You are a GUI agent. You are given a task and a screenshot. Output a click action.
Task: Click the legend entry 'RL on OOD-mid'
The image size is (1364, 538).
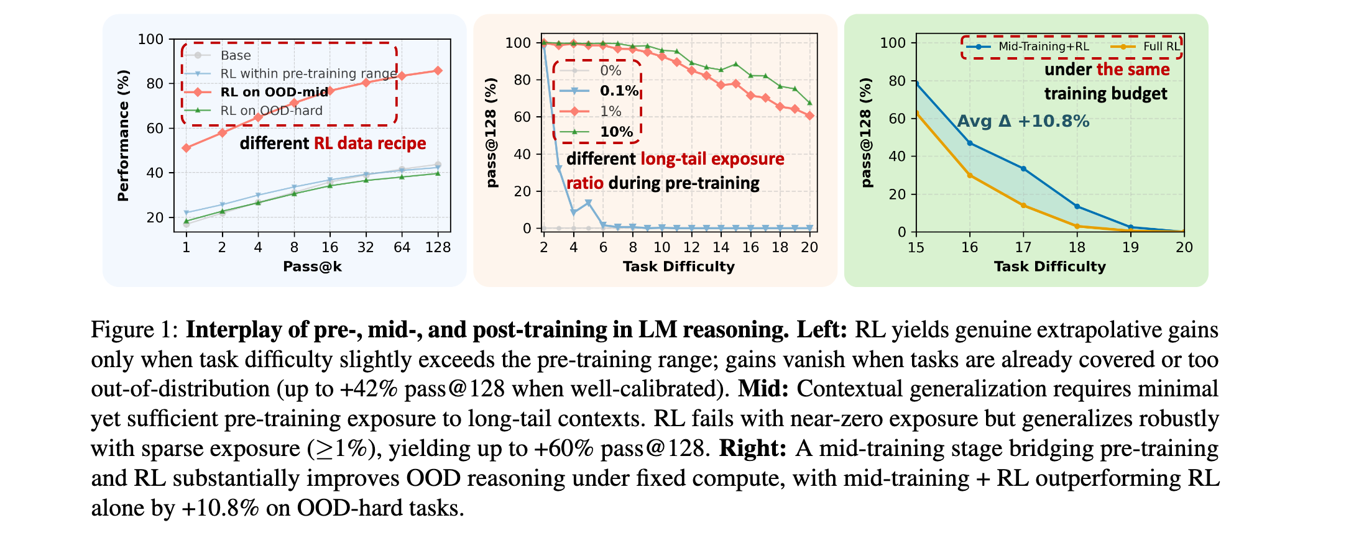[274, 92]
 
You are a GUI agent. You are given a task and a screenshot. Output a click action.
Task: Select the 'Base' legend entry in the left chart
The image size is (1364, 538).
[236, 55]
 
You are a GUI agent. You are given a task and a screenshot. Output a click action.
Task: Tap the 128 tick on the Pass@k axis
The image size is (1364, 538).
[438, 247]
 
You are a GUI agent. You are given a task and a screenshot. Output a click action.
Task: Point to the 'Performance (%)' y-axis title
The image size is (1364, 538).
[123, 135]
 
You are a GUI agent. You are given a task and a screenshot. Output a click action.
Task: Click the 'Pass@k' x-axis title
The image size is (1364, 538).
[312, 267]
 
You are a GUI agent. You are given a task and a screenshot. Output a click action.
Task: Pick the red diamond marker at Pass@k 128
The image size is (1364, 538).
[438, 71]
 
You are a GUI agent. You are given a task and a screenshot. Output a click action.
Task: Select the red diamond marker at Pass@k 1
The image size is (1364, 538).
[186, 148]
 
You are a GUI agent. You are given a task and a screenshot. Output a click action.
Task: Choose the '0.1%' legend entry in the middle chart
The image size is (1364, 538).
[619, 91]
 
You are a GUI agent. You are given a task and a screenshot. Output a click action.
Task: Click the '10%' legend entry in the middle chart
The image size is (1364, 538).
[616, 132]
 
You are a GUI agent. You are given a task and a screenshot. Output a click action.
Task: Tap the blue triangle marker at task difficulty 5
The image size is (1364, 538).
[588, 203]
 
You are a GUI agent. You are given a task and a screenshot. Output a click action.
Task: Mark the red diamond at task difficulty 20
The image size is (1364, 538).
[809, 116]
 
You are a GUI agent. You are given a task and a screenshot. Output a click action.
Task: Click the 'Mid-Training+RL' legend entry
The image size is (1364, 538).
[1043, 47]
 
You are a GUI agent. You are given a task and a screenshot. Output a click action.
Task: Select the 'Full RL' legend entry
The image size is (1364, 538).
[1161, 47]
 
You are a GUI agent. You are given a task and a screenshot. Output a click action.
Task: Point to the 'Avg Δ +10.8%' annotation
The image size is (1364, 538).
[1023, 121]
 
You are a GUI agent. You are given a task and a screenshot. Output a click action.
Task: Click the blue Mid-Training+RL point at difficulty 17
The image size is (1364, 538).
[1023, 169]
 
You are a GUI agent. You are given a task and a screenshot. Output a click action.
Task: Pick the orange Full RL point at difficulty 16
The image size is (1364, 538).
[970, 175]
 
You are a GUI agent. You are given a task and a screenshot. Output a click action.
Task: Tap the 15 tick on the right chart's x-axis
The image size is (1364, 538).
[916, 247]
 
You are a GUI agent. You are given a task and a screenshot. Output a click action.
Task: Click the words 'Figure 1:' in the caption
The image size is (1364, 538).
[135, 329]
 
